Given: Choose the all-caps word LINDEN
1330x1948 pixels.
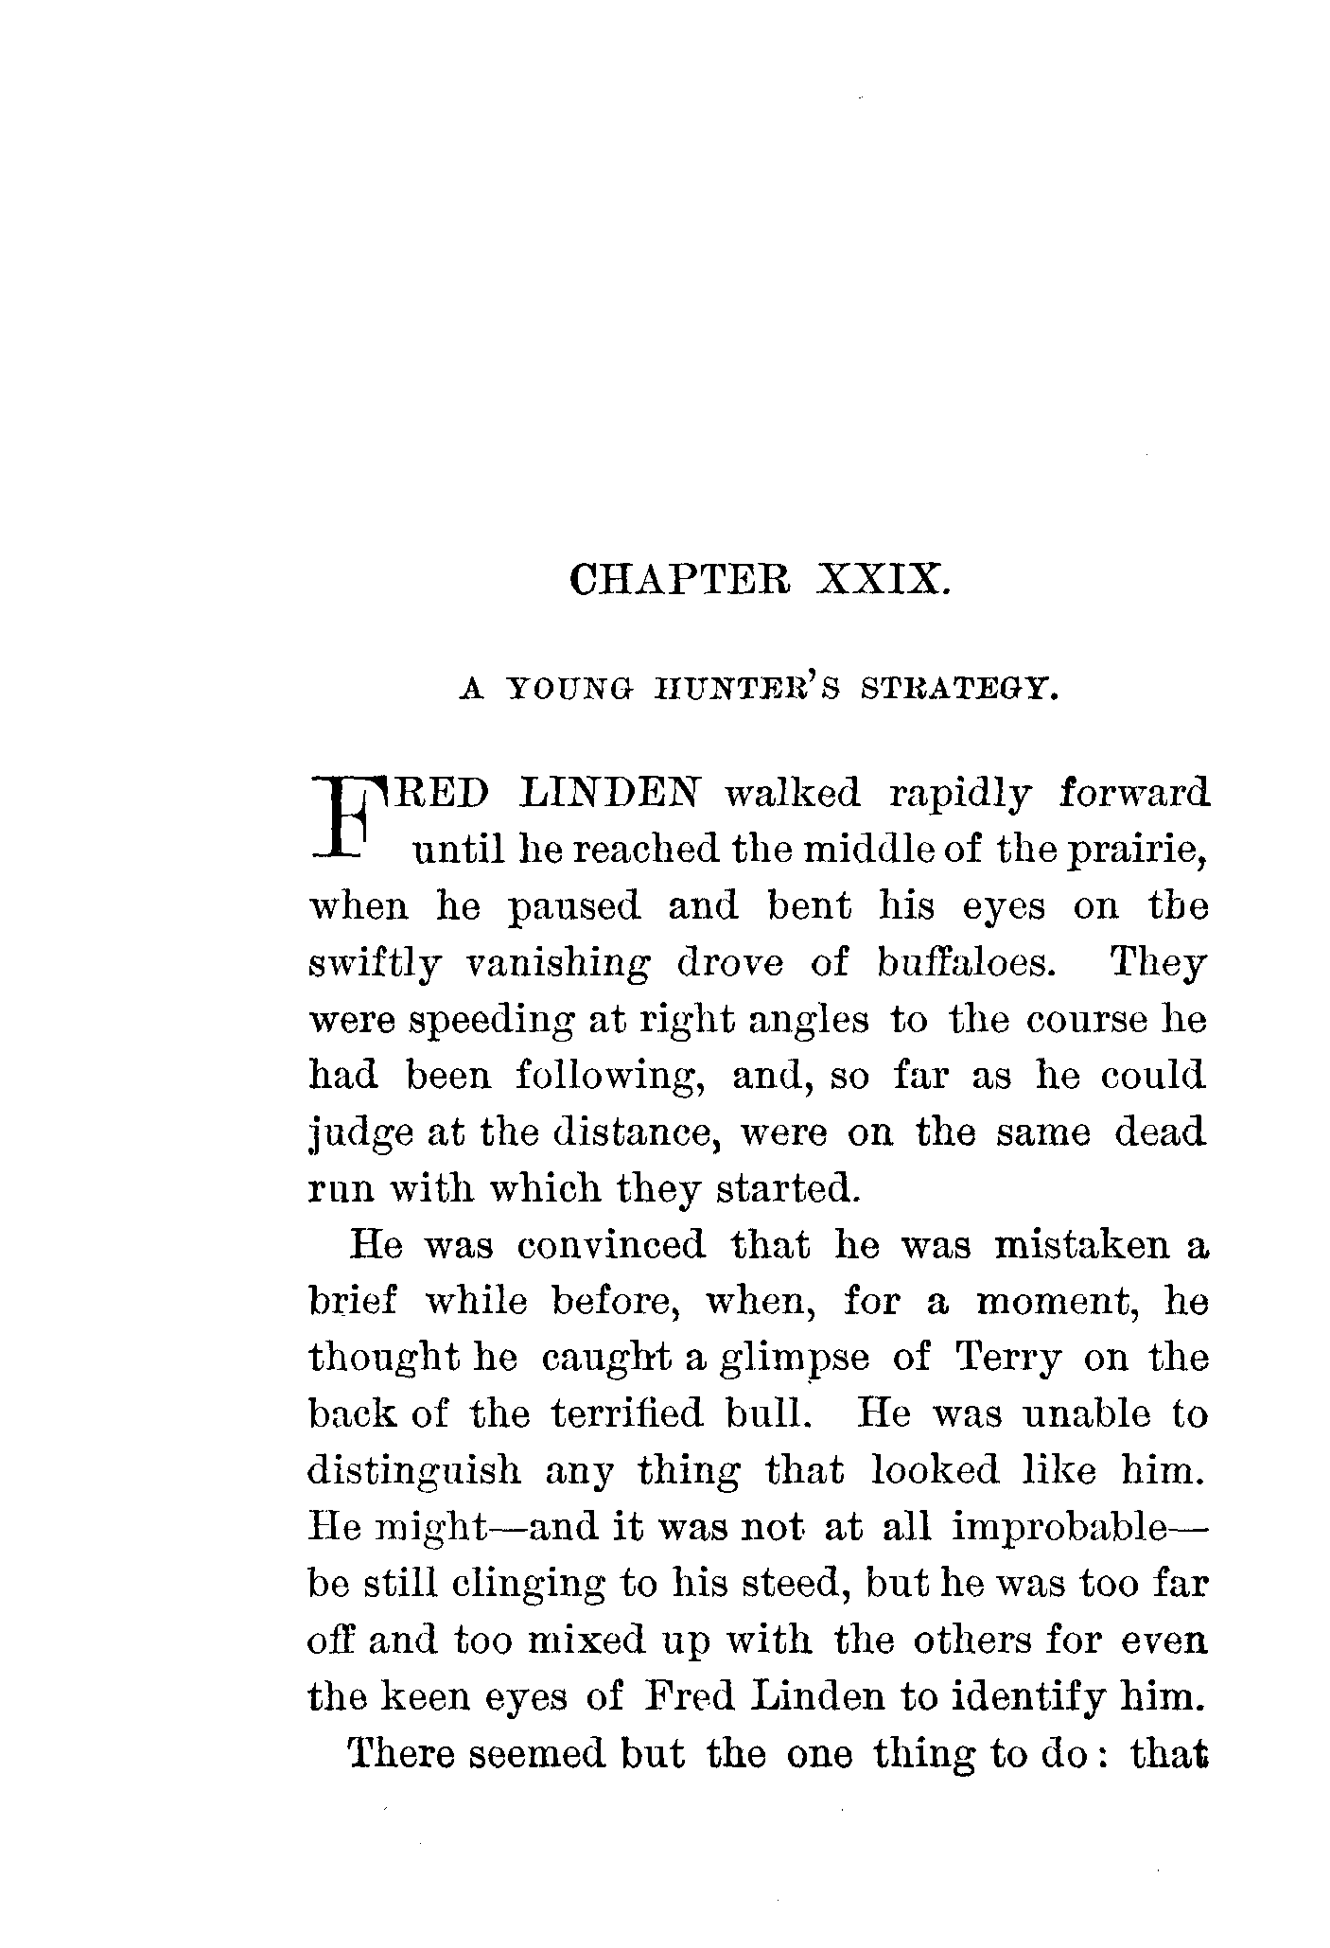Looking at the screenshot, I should click(x=608, y=793).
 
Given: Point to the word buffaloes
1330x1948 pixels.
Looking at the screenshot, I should click(x=963, y=964).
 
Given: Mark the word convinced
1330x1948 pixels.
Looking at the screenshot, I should click(x=611, y=1245).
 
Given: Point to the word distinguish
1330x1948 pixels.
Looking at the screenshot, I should click(x=415, y=1472).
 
